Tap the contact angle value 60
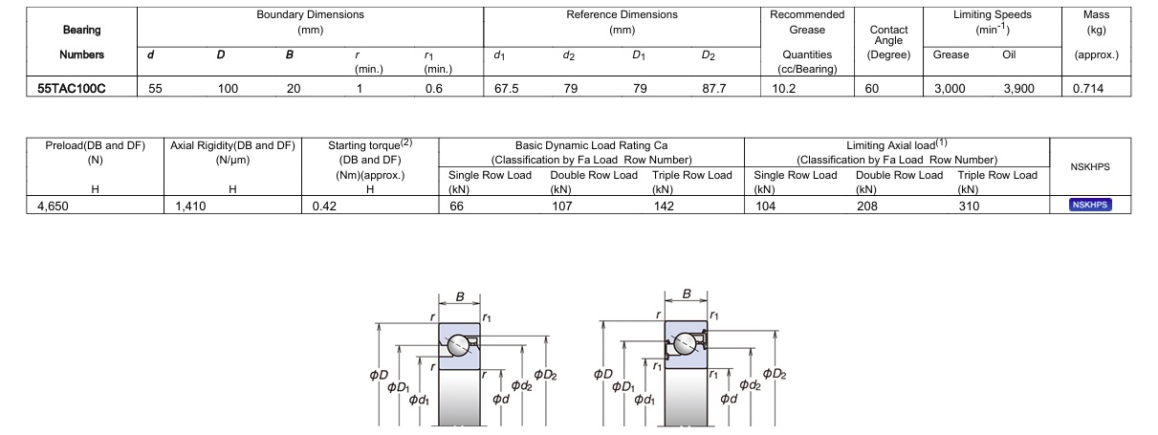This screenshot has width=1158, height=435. click(873, 88)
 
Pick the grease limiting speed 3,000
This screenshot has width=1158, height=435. click(950, 88)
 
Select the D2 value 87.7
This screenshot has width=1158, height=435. click(714, 88)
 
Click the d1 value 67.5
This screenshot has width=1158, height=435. click(507, 88)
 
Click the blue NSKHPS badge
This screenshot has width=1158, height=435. click(1089, 205)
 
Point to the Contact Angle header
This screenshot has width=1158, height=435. click(888, 34)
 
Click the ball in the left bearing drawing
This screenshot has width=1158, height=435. click(459, 344)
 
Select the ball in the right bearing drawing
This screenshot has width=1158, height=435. click(685, 344)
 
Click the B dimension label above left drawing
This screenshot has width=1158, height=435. click(460, 297)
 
